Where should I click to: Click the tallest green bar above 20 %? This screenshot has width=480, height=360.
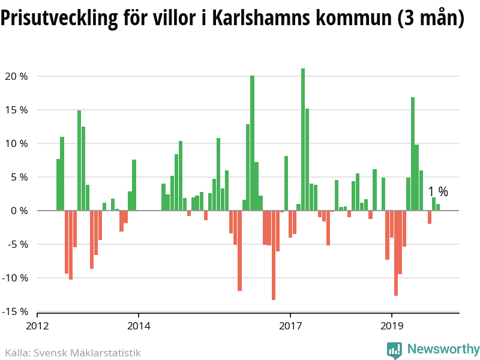(x=303, y=139)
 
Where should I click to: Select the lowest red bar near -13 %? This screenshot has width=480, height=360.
(x=274, y=255)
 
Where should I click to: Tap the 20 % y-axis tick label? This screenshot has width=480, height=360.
(x=16, y=76)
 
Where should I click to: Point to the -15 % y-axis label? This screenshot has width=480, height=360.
(x=14, y=311)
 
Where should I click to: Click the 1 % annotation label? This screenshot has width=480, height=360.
(x=438, y=192)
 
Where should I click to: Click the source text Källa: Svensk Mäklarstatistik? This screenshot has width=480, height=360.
(x=73, y=353)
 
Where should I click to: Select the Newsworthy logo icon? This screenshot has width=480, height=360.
(x=394, y=350)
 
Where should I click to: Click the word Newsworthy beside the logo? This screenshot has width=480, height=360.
(x=443, y=349)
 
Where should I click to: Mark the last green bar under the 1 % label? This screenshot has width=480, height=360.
(x=438, y=208)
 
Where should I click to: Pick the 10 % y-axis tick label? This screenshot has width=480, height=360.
(x=16, y=143)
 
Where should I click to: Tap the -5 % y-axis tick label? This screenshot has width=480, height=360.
(x=16, y=244)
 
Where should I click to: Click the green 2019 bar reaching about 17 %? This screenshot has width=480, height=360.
(x=413, y=154)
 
